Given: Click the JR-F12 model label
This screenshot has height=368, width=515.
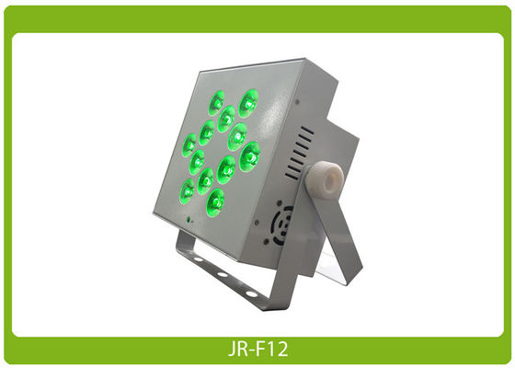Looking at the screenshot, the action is (x=258, y=350).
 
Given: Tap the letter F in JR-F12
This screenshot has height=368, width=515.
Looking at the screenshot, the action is (x=261, y=350).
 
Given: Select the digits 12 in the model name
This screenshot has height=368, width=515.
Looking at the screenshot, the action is (x=279, y=350).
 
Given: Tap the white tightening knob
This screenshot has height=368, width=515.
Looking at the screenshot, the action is (x=325, y=180).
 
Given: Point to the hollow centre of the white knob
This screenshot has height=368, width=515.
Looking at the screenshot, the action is (x=333, y=180).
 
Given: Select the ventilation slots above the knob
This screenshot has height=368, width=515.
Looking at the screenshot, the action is (x=299, y=153).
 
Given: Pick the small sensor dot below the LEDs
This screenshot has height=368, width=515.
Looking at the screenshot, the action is (x=189, y=220).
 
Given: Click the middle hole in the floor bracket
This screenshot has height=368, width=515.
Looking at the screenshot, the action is (x=223, y=274).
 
